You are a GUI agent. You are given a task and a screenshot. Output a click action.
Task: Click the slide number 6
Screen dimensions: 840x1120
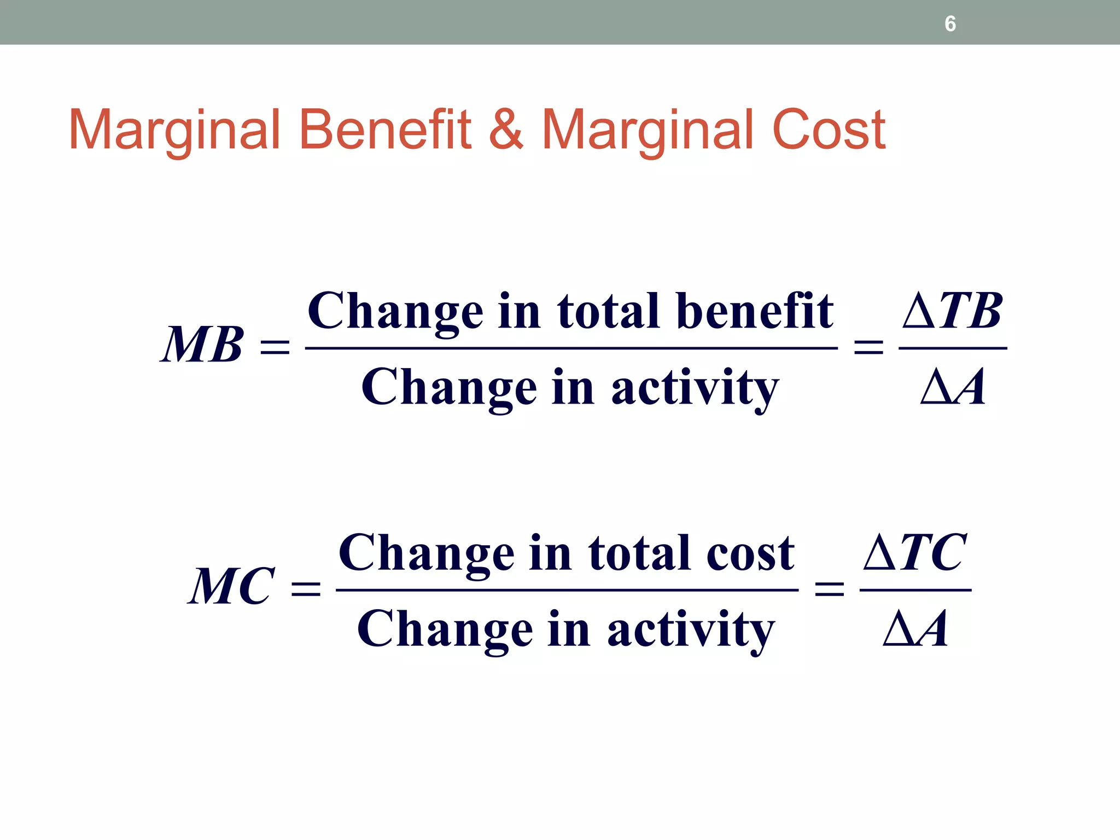[950, 24]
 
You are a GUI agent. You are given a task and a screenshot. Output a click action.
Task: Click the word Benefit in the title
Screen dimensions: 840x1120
[385, 130]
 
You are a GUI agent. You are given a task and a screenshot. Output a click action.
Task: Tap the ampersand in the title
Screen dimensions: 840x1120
[506, 130]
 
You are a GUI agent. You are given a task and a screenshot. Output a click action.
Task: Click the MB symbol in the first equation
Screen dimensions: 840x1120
[202, 345]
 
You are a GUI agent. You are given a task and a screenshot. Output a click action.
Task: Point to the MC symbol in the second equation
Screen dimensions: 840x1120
[231, 586]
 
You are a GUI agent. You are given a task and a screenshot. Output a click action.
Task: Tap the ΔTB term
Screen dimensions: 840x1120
[952, 311]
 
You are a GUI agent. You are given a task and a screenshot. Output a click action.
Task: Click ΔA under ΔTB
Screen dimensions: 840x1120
[953, 387]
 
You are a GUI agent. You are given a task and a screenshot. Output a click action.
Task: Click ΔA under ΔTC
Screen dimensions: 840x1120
[915, 629]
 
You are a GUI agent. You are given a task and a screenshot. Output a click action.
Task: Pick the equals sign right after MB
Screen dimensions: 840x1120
[275, 347]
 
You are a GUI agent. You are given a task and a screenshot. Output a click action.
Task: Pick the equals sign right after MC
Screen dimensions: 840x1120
[306, 589]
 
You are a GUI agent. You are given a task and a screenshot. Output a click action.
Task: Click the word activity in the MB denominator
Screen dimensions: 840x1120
[695, 388]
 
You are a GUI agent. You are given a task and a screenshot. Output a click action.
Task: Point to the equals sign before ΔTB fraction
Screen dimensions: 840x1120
[868, 347]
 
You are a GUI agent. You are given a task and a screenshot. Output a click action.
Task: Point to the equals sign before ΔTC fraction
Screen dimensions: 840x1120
[830, 589]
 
